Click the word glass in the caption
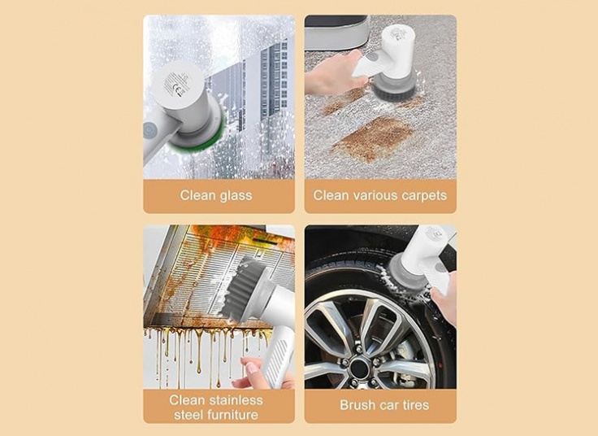[x=235, y=195]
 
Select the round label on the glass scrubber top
[x=177, y=84]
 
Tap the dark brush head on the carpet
[x=395, y=88]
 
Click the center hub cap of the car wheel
[x=359, y=368]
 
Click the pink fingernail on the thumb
[x=251, y=368]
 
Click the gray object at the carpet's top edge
[x=336, y=33]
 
